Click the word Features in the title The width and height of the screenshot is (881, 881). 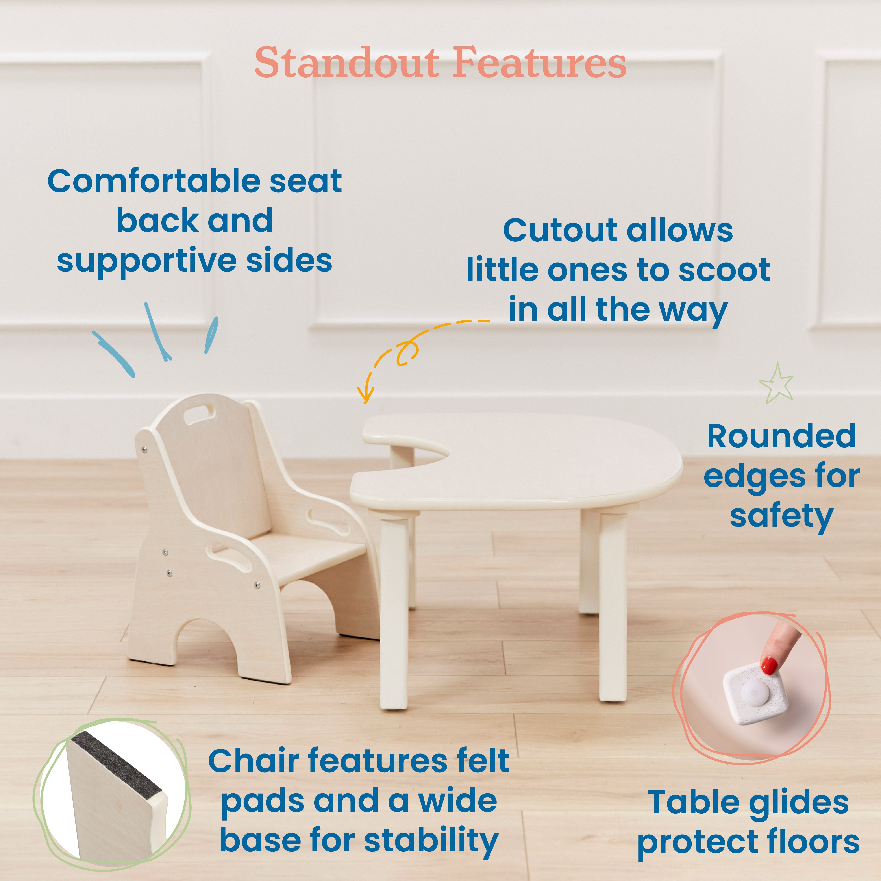click(539, 63)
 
